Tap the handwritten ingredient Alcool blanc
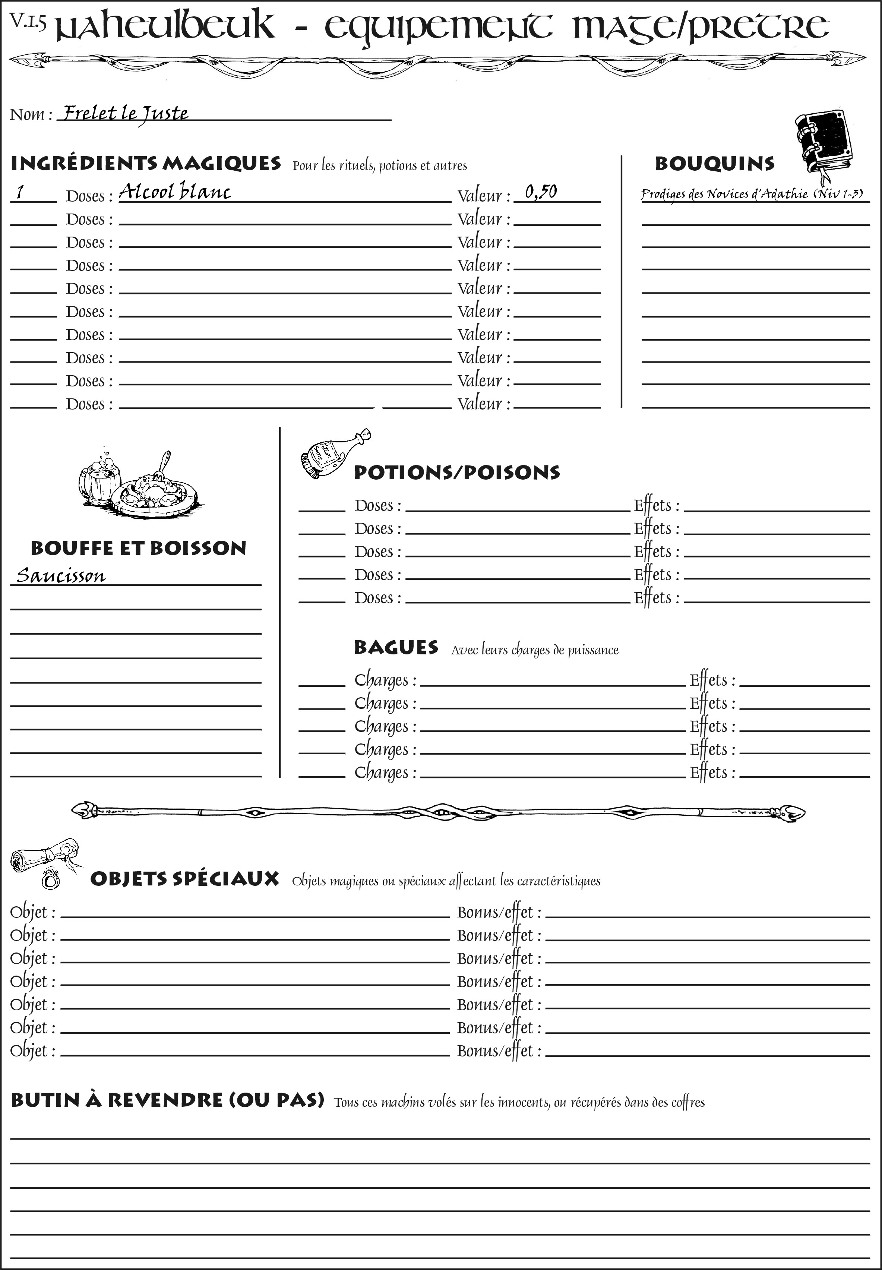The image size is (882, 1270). [175, 192]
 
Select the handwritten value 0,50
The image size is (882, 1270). [540, 192]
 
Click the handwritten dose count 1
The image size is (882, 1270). [20, 192]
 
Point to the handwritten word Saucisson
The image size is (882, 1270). [61, 576]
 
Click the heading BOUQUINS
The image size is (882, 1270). [715, 164]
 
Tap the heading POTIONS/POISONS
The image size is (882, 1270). [456, 473]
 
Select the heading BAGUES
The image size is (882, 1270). [396, 647]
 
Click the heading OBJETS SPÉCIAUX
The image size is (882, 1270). [184, 879]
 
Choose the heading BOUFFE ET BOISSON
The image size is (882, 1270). [138, 548]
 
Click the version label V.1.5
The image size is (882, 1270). [28, 21]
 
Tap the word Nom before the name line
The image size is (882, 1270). [26, 114]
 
